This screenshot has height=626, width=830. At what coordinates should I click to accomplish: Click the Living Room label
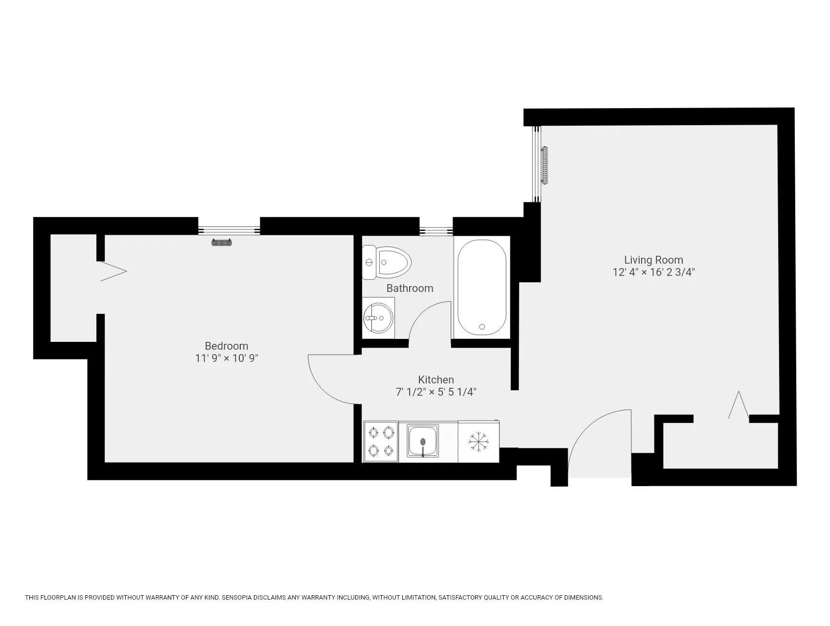coord(653,260)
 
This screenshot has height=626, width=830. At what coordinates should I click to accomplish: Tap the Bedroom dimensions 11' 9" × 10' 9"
coord(226,358)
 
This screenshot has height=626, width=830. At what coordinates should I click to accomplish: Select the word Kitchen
coord(436,380)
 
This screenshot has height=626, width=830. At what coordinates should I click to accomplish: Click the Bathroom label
coord(410,289)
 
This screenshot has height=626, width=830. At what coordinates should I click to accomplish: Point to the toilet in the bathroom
coord(387,263)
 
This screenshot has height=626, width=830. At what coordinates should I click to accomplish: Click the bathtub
coord(482,287)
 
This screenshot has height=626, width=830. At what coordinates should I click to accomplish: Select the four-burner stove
coord(380,442)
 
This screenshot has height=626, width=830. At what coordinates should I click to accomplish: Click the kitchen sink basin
coord(423,441)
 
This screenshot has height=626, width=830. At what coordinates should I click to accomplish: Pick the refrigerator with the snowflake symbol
coord(478,442)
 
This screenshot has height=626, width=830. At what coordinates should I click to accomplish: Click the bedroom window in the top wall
coord(229,230)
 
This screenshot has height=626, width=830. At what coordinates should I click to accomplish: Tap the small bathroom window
coord(436,229)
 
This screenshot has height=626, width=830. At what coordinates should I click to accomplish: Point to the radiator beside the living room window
coord(545,165)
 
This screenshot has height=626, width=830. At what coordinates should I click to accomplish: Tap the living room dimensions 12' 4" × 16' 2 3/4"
coord(653,272)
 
